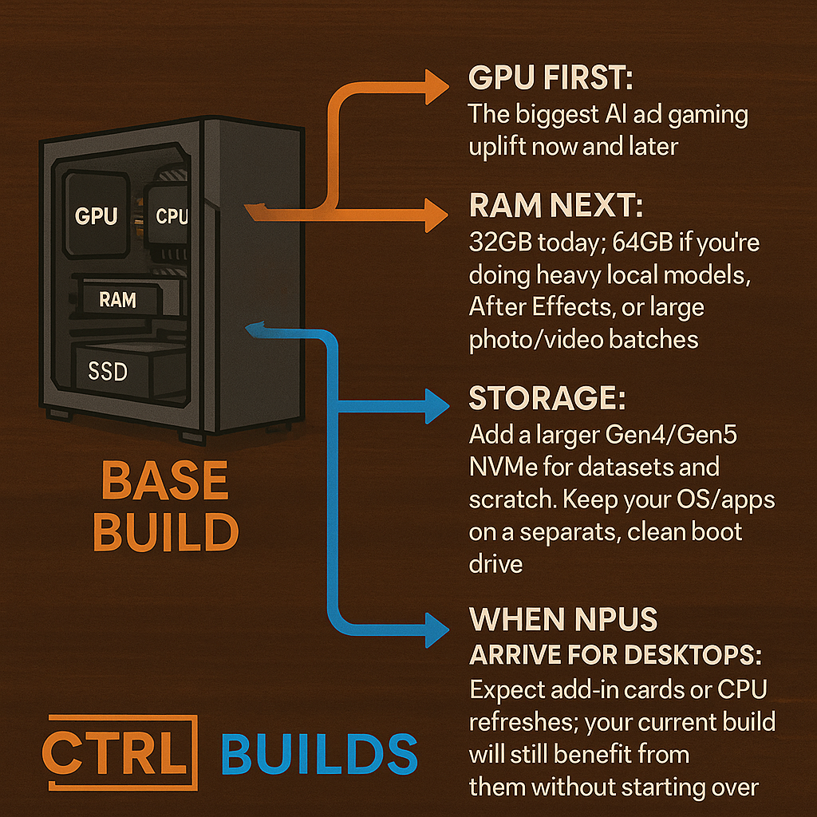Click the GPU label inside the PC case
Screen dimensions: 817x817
(96, 215)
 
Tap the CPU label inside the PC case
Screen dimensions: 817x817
(172, 215)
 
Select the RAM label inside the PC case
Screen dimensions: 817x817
(118, 300)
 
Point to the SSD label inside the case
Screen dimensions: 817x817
(108, 372)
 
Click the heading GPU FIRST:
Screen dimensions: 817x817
(551, 77)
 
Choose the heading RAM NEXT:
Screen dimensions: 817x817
(556, 205)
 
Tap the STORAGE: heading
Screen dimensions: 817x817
(547, 398)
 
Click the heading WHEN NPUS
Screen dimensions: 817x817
(563, 619)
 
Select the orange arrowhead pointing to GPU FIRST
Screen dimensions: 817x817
(436, 87)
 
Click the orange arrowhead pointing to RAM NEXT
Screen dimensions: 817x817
(436, 215)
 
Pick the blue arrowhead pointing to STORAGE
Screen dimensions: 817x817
(436, 406)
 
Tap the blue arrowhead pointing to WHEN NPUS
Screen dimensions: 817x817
(436, 630)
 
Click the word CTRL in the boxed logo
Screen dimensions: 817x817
(115, 753)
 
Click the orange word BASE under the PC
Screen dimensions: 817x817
(164, 480)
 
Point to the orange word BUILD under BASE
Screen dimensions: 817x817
(166, 531)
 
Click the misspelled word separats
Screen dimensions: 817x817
(570, 532)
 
